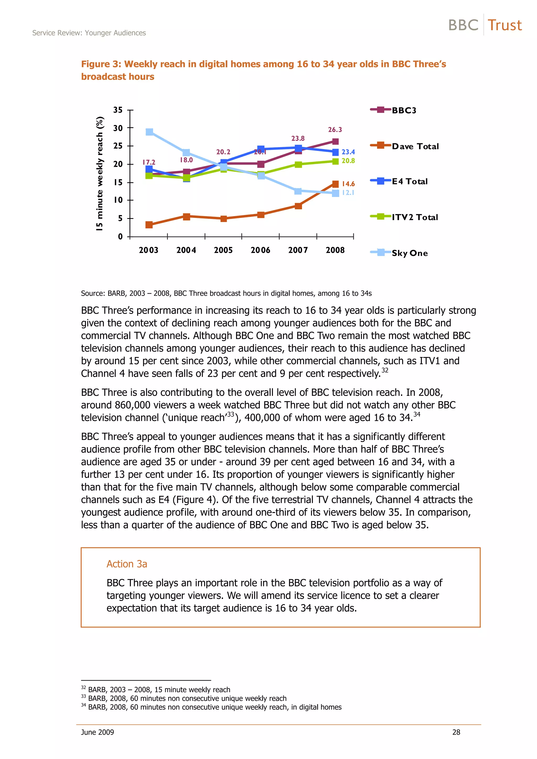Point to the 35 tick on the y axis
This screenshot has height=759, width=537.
(118, 110)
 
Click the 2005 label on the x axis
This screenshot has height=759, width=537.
(223, 250)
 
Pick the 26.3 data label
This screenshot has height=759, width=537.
(335, 130)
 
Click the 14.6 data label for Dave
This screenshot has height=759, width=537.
(348, 184)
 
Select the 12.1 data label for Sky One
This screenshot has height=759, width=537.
(348, 193)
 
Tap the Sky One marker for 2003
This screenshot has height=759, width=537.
(149, 132)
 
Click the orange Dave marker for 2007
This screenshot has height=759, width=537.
(298, 206)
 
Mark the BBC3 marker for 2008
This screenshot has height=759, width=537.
(335, 141)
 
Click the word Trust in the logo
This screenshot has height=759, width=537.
(504, 25)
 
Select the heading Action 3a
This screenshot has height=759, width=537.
(127, 564)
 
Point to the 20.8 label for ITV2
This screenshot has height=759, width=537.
(348, 161)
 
